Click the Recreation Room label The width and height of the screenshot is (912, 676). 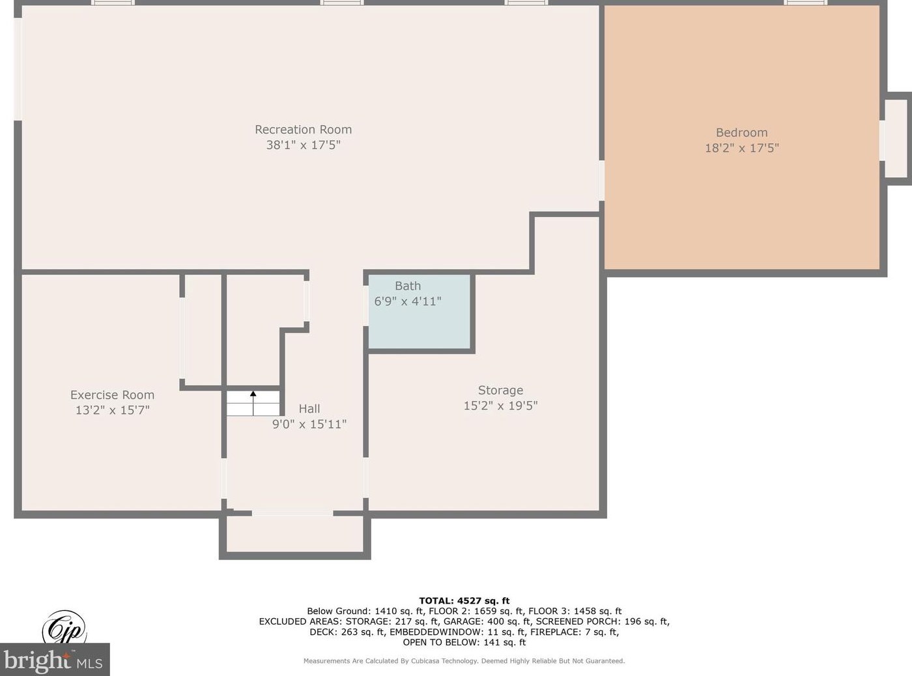tap(304, 130)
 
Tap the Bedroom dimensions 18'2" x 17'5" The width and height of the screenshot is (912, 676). tap(742, 148)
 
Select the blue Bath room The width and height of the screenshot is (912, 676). tap(419, 312)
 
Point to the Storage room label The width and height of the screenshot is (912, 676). tap(500, 390)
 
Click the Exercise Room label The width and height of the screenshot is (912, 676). tap(112, 395)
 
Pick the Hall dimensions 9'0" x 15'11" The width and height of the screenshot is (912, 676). tap(309, 424)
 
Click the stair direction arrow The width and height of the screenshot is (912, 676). tap(253, 403)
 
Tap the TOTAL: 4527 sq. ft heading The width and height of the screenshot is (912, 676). tap(464, 600)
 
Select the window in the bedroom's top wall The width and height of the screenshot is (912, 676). tap(805, 3)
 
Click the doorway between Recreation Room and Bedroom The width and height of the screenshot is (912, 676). tap(601, 180)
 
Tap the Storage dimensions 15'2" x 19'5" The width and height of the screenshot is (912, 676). tap(500, 406)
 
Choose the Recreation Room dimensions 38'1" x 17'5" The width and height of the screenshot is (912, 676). tap(304, 145)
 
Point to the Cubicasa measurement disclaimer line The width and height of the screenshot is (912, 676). tap(464, 661)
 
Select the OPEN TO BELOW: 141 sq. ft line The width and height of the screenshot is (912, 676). tap(464, 642)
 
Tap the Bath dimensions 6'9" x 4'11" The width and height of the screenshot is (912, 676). tap(408, 302)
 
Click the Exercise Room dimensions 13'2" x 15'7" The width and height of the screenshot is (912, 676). tap(112, 410)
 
